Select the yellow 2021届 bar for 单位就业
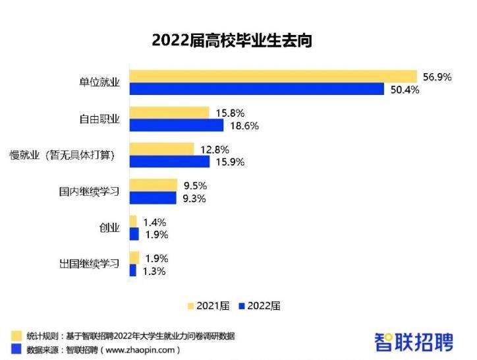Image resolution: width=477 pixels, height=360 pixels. [273, 76]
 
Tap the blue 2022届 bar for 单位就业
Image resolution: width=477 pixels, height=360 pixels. [257, 89]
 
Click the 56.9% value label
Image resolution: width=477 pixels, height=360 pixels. [437, 77]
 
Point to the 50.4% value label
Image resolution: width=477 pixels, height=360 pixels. [405, 90]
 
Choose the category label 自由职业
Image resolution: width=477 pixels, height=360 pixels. [99, 119]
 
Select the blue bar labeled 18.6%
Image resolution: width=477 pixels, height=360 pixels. [177, 125]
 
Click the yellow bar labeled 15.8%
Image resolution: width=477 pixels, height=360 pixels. [169, 113]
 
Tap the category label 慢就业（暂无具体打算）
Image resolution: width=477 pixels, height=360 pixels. [63, 156]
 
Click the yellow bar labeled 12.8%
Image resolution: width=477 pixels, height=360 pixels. [162, 149]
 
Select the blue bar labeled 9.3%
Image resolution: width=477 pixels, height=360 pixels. [153, 198]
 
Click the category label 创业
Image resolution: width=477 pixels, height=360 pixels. [109, 228]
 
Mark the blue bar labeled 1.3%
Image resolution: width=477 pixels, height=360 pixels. [133, 270]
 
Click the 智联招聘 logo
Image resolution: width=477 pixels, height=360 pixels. [414, 341]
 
